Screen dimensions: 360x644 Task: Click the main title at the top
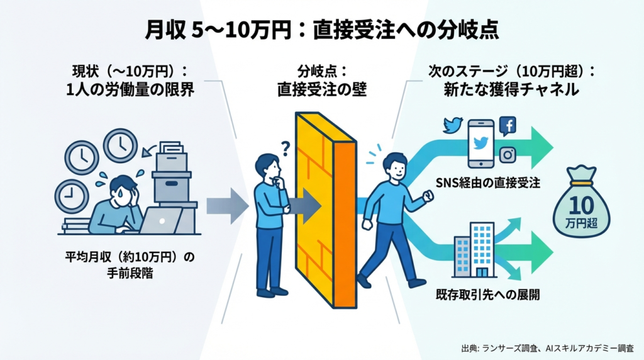pos(321,30)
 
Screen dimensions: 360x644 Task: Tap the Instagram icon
pos(507,154)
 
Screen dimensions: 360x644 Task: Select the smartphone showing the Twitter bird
pos(481,143)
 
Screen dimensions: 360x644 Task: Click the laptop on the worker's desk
pos(160,220)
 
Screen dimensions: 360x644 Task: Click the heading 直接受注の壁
pos(321,89)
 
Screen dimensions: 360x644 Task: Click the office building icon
pos(475,249)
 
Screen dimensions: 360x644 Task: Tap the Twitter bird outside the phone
pos(453,125)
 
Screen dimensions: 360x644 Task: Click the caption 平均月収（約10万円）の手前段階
pos(128,265)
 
